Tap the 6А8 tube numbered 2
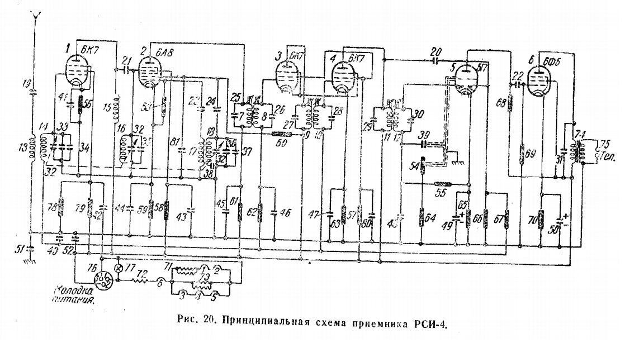149,73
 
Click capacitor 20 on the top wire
435,59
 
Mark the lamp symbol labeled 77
118,268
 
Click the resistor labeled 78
60,209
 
